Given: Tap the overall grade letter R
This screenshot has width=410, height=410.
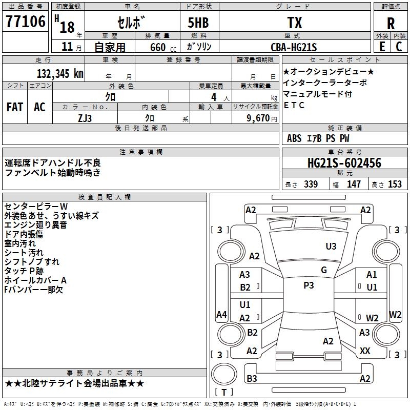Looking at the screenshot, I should [x=391, y=23].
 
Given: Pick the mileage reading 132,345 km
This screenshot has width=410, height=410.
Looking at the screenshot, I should [x=60, y=73].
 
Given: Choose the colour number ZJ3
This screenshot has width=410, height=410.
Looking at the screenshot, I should [x=85, y=118].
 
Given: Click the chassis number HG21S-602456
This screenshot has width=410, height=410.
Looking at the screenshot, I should [x=344, y=163].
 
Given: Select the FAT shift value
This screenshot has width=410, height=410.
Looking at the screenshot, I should [x=14, y=107].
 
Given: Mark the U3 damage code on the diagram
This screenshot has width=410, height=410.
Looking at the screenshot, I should [x=331, y=247].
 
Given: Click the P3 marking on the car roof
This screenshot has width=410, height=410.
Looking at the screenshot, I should [x=309, y=285].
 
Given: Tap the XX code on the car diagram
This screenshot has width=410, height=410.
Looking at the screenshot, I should [x=365, y=351].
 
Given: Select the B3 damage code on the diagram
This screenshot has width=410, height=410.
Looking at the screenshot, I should [x=252, y=379].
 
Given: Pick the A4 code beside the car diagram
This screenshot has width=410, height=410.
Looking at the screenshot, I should [x=221, y=315].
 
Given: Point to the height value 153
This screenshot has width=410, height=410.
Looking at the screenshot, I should [x=395, y=184].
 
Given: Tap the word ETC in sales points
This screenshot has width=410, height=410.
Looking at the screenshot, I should [x=294, y=105].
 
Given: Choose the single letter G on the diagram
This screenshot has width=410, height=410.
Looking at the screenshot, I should [x=323, y=270].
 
